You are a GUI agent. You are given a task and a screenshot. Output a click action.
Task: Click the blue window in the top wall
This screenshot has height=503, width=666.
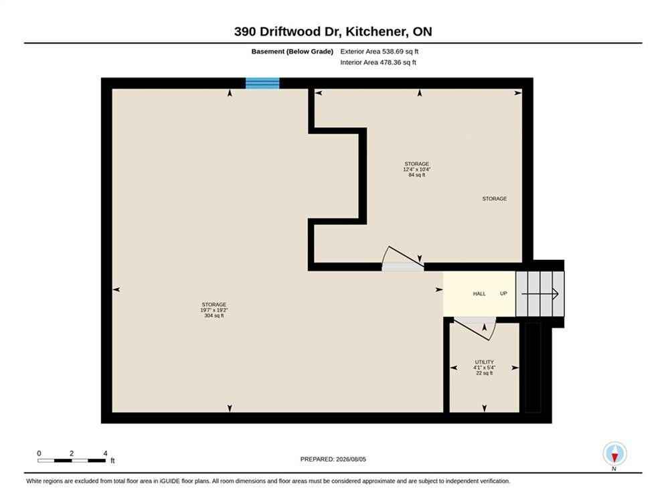(262, 83)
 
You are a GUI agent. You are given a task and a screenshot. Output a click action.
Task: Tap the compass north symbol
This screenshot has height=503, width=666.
(614, 454)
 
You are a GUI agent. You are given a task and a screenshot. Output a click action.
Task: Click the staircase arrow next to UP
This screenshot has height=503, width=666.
(540, 294)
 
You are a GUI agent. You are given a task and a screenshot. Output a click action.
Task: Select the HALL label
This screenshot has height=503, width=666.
(479, 294)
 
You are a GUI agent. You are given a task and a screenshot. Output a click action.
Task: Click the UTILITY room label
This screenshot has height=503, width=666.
(484, 362)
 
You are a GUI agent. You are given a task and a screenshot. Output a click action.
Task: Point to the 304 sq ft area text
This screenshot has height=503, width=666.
(214, 315)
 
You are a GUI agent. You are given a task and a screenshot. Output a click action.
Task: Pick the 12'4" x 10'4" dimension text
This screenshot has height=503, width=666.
(417, 169)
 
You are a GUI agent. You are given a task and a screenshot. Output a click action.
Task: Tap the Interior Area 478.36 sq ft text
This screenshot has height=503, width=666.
(378, 62)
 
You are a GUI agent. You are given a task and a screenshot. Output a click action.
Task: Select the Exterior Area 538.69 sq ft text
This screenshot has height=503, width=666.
(380, 52)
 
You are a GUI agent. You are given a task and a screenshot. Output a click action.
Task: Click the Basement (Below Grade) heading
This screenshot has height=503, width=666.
(293, 52)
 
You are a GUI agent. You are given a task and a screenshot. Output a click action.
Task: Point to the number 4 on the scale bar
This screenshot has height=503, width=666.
(105, 453)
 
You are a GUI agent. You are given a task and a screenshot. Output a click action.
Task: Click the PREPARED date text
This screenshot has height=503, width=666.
(333, 459)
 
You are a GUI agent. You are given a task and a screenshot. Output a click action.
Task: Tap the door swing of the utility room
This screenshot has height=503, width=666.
(475, 329)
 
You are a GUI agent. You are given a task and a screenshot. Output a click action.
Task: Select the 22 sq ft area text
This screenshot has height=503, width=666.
(484, 373)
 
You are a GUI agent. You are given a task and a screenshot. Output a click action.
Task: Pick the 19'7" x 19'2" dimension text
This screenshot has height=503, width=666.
(214, 310)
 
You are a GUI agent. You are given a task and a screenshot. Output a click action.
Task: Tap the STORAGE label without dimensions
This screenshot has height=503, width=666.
(495, 198)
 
